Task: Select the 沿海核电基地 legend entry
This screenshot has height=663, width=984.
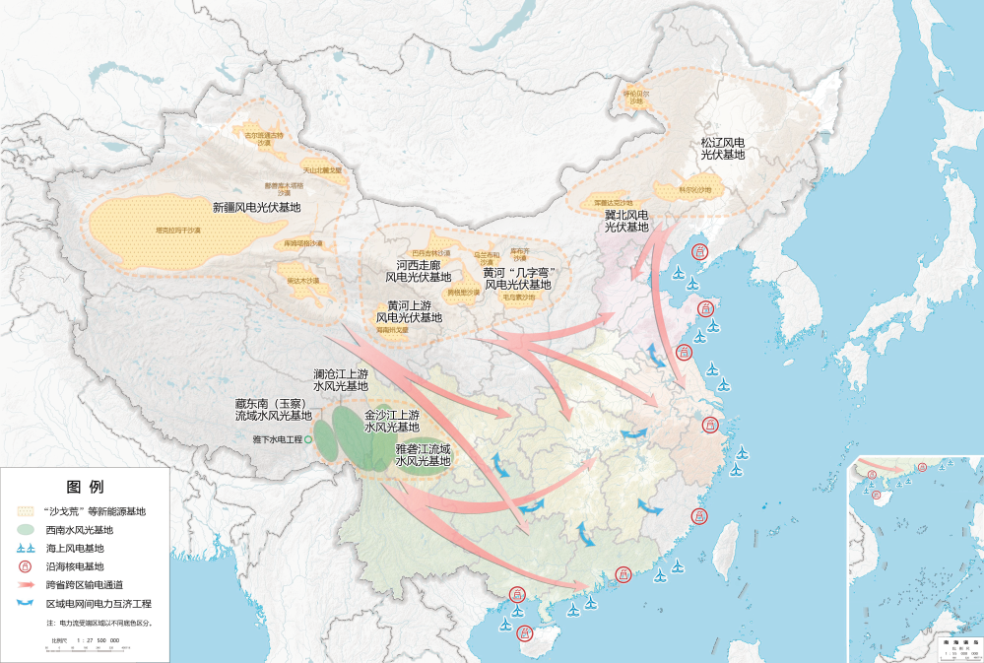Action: (75, 566)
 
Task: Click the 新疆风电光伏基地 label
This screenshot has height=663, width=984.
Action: (256, 208)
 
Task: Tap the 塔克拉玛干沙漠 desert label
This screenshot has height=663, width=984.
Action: (178, 231)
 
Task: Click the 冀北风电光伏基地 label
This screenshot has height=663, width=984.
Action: (626, 221)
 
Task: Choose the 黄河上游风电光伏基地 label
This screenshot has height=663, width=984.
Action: (409, 311)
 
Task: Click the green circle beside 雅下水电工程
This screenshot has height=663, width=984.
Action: (307, 438)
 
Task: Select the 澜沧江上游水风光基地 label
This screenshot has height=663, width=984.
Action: (340, 381)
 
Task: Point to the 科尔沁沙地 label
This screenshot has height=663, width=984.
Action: (694, 189)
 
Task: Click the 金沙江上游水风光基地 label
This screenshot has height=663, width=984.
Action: (391, 422)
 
